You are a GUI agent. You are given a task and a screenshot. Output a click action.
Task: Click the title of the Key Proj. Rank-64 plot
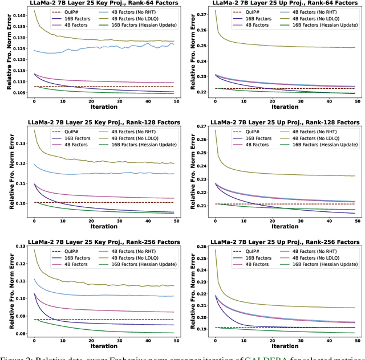(x=97, y=4)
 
